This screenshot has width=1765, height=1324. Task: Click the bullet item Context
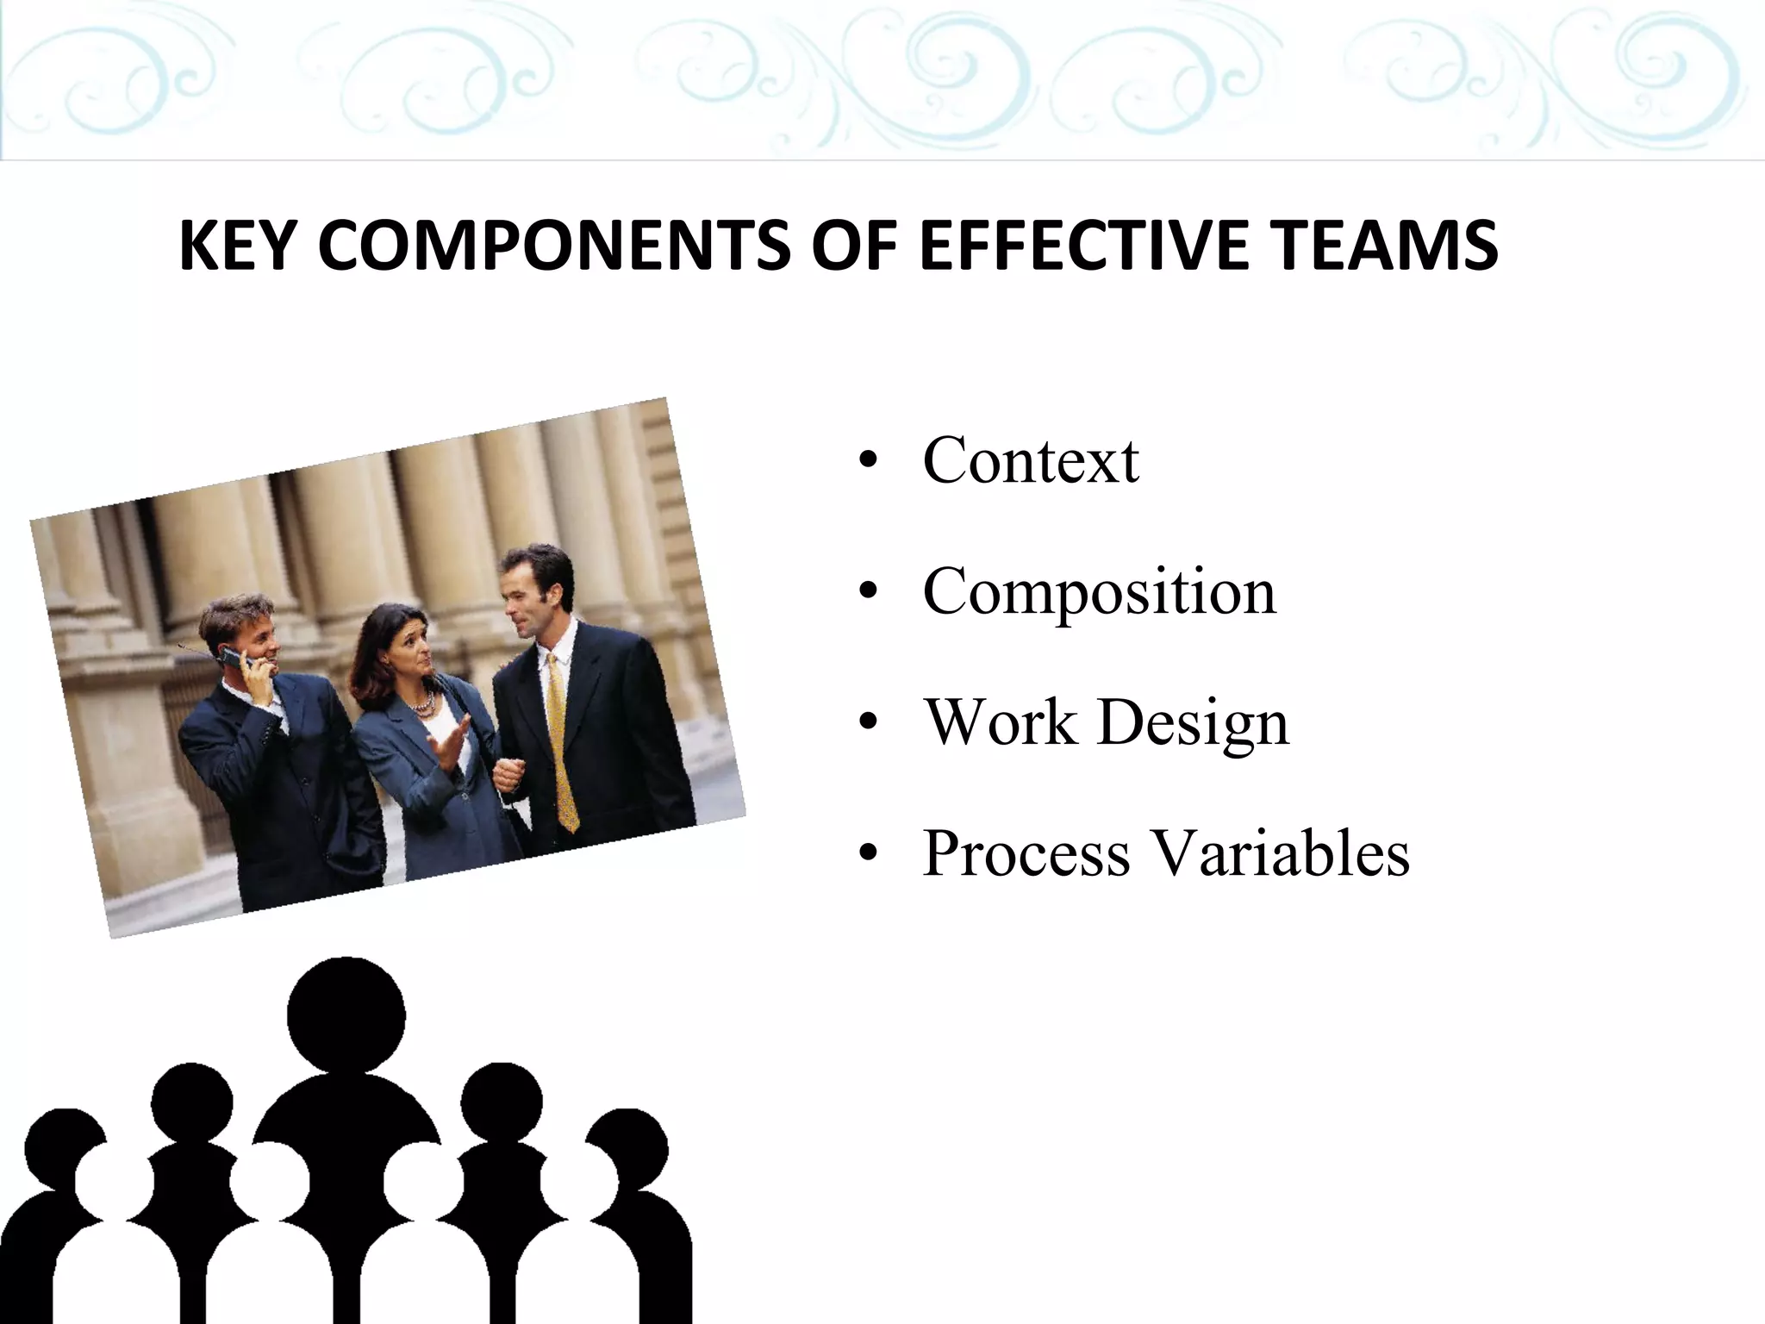pos(1031,460)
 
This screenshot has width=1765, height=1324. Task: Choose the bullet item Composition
pos(1099,592)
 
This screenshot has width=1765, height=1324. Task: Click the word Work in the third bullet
pos(1000,722)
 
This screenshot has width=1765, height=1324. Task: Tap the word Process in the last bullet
pos(1026,853)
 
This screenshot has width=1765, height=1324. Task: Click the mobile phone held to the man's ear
pos(234,659)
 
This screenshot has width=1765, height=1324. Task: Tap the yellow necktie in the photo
pos(559,741)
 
